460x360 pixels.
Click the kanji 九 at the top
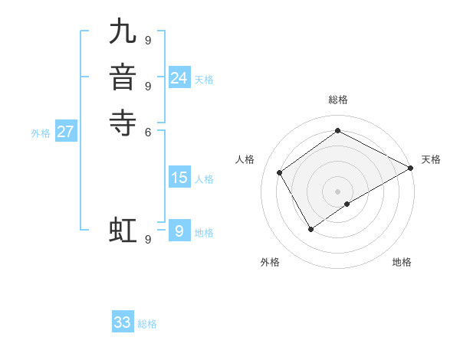click(x=123, y=33)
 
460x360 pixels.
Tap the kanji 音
click(x=123, y=77)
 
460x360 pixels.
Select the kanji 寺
click(x=123, y=123)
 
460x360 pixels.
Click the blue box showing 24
click(x=179, y=78)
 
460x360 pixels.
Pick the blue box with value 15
click(x=179, y=178)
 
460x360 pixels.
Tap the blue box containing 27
click(x=65, y=132)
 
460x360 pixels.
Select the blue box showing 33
click(x=123, y=322)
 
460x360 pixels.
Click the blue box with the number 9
click(x=179, y=231)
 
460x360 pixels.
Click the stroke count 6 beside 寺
click(x=148, y=131)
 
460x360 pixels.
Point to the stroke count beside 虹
click(x=148, y=240)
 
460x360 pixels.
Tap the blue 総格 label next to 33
click(x=147, y=324)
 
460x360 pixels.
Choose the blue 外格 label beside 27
click(x=41, y=133)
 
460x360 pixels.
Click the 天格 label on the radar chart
click(x=431, y=159)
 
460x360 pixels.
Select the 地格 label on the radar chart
click(x=402, y=263)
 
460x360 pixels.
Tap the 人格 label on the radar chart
click(x=245, y=159)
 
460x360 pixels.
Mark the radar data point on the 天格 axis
click(x=410, y=168)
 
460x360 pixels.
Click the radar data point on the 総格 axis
click(x=337, y=130)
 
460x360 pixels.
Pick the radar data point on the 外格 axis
click(x=310, y=228)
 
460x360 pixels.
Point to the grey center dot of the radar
click(x=337, y=191)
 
